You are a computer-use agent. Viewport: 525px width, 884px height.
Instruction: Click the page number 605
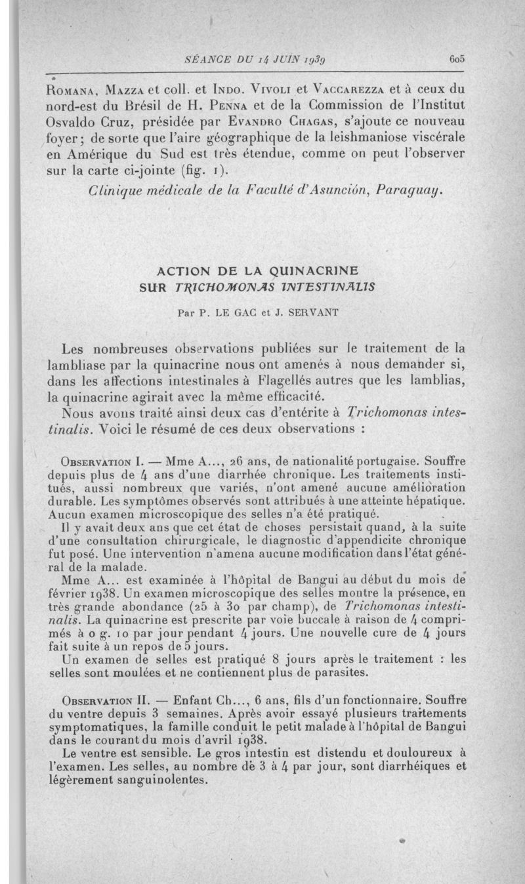tap(457, 58)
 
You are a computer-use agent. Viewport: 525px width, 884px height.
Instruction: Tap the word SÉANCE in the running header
tap(205, 58)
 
